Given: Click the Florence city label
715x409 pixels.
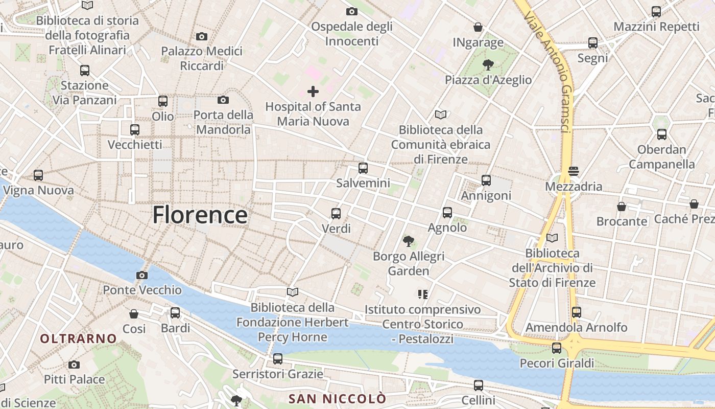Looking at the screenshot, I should tap(200, 215).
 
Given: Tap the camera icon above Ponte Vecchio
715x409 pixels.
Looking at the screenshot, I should tap(142, 276).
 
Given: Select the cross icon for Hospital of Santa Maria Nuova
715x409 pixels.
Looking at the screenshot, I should tap(313, 92).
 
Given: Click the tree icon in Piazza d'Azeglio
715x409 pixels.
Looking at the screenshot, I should tap(488, 65).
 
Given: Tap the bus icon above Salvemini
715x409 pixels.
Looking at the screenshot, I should tap(363, 168).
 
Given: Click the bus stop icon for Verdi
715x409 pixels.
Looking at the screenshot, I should tap(336, 214).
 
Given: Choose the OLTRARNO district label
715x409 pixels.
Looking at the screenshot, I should tap(78, 338).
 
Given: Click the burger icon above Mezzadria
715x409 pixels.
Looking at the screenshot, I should tap(573, 171).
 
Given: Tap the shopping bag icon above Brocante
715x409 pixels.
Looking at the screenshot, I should tap(622, 207).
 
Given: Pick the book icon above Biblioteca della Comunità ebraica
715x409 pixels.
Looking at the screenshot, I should tap(440, 115).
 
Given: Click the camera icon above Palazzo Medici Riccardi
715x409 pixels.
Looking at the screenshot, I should tap(202, 36).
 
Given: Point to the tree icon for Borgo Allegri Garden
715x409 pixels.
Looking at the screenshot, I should tap(408, 241).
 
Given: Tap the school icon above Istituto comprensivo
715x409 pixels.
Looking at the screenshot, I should tap(422, 294).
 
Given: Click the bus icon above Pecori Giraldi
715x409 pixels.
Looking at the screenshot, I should tap(557, 348).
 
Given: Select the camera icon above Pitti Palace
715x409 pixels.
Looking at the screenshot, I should tap(74, 365).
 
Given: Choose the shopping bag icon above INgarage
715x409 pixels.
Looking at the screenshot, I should tap(478, 27).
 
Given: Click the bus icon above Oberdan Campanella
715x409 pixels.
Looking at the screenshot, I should tap(661, 134).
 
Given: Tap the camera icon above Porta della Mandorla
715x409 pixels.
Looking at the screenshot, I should tap(223, 100).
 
